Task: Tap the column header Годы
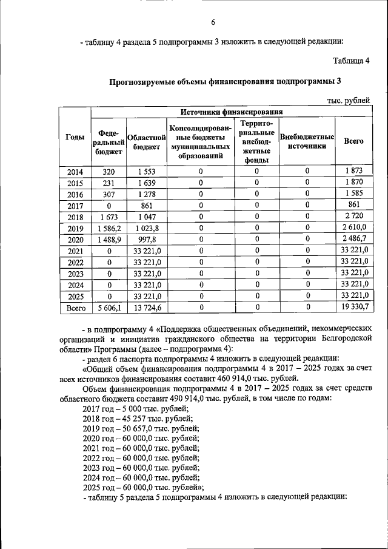point(75,138)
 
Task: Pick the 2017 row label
point(75,205)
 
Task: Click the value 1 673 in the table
point(109,217)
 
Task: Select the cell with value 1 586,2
point(109,228)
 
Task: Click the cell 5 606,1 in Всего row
point(109,308)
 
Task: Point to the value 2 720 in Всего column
point(353,217)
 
